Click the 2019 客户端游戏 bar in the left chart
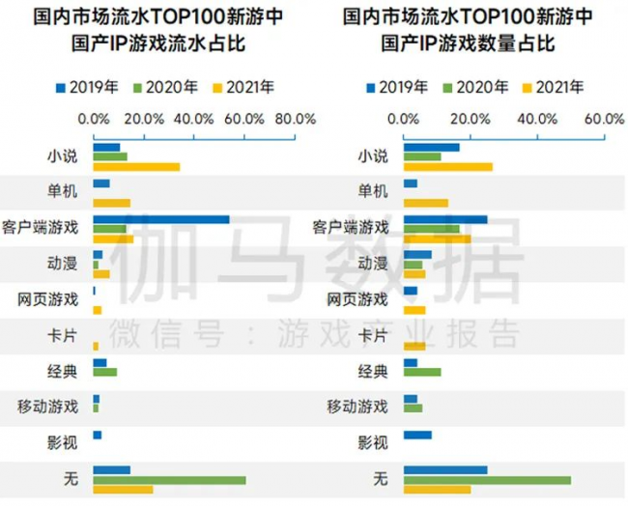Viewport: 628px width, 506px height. [161, 219]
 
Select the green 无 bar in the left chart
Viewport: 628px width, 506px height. [169, 480]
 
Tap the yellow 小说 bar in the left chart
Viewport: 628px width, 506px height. [136, 167]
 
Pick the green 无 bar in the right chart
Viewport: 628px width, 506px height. [487, 480]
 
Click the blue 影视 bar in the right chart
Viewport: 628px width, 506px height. [417, 435]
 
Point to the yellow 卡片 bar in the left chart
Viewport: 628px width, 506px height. [96, 346]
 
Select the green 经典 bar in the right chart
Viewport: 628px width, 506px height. [422, 373]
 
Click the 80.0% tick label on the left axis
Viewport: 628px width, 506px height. [296, 119]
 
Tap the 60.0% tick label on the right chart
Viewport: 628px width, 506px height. [605, 119]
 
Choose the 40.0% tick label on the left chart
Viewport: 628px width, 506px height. [194, 119]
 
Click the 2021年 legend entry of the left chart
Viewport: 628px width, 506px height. [243, 87]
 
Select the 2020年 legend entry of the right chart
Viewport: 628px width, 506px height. [475, 87]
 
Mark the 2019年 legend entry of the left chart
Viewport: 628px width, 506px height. [87, 87]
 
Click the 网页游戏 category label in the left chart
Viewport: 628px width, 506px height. [47, 299]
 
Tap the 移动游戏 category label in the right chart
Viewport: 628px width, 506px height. [357, 407]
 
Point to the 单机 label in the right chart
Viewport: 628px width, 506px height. [373, 191]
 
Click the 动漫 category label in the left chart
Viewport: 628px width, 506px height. [63, 264]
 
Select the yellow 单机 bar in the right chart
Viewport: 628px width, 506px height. [426, 203]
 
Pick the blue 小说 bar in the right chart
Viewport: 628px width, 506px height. [431, 148]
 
